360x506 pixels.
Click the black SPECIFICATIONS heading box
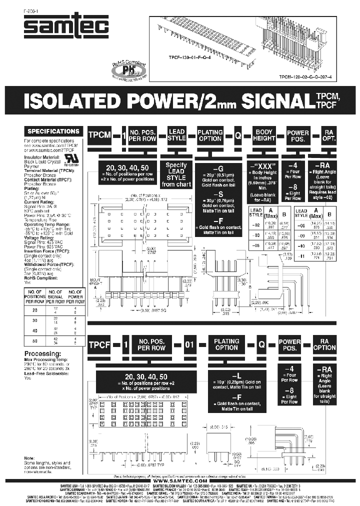pyautogui.click(x=53, y=131)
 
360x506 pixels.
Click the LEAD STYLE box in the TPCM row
pyautogui.click(x=176, y=135)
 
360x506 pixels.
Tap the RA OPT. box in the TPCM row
pyautogui.click(x=328, y=135)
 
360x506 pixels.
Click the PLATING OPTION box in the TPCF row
pyautogui.click(x=226, y=344)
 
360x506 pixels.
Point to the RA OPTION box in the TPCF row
pyautogui.click(x=324, y=344)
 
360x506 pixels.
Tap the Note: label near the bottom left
pyautogui.click(x=29, y=458)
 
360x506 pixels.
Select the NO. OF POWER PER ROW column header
pyautogui.click(x=76, y=296)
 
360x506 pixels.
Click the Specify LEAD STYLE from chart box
pyautogui.click(x=176, y=174)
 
